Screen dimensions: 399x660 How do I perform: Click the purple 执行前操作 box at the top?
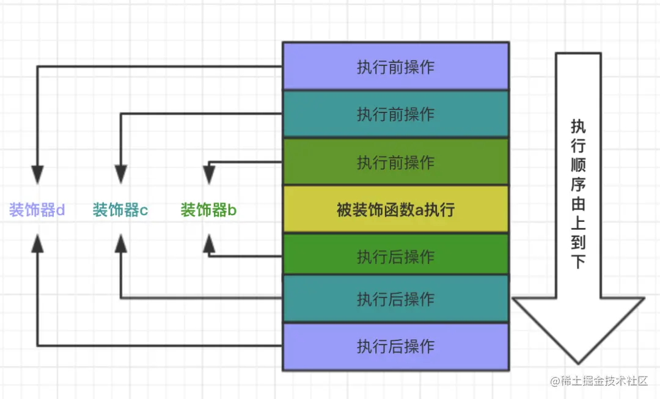click(x=395, y=66)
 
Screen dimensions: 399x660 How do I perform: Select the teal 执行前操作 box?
click(x=395, y=114)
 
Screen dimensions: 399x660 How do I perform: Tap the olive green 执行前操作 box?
click(x=395, y=162)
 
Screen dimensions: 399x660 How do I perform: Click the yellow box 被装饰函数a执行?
click(x=395, y=210)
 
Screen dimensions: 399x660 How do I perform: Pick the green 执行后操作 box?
click(x=395, y=257)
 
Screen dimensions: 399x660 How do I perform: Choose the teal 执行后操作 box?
click(x=395, y=299)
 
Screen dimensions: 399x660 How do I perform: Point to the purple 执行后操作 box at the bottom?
click(x=395, y=346)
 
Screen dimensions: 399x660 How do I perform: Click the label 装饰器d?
click(x=37, y=211)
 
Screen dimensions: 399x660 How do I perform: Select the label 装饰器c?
click(x=120, y=211)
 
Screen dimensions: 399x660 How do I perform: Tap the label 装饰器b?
click(x=208, y=211)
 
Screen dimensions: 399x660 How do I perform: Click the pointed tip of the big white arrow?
click(x=578, y=362)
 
